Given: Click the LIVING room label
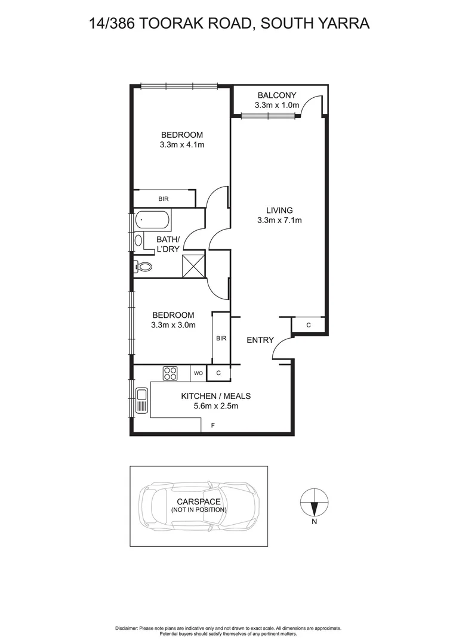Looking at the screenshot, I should coord(279,210).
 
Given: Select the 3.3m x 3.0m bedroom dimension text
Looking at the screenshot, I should coord(173,325).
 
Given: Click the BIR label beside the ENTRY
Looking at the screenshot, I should coord(221,339).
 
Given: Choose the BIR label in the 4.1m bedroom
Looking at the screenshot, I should coord(163,199).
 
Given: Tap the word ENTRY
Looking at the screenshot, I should coord(260,340).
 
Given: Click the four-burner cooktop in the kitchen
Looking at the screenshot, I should coord(170,373).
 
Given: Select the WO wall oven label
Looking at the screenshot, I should coord(198,373).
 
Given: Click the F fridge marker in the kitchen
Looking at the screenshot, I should coord(212,425).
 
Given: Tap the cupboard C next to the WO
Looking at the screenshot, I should coord(218,373).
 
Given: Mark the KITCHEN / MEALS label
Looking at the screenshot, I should coord(215,396).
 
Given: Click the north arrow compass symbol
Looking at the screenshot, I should coord(314,501).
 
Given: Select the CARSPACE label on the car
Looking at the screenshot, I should coord(199,501).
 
